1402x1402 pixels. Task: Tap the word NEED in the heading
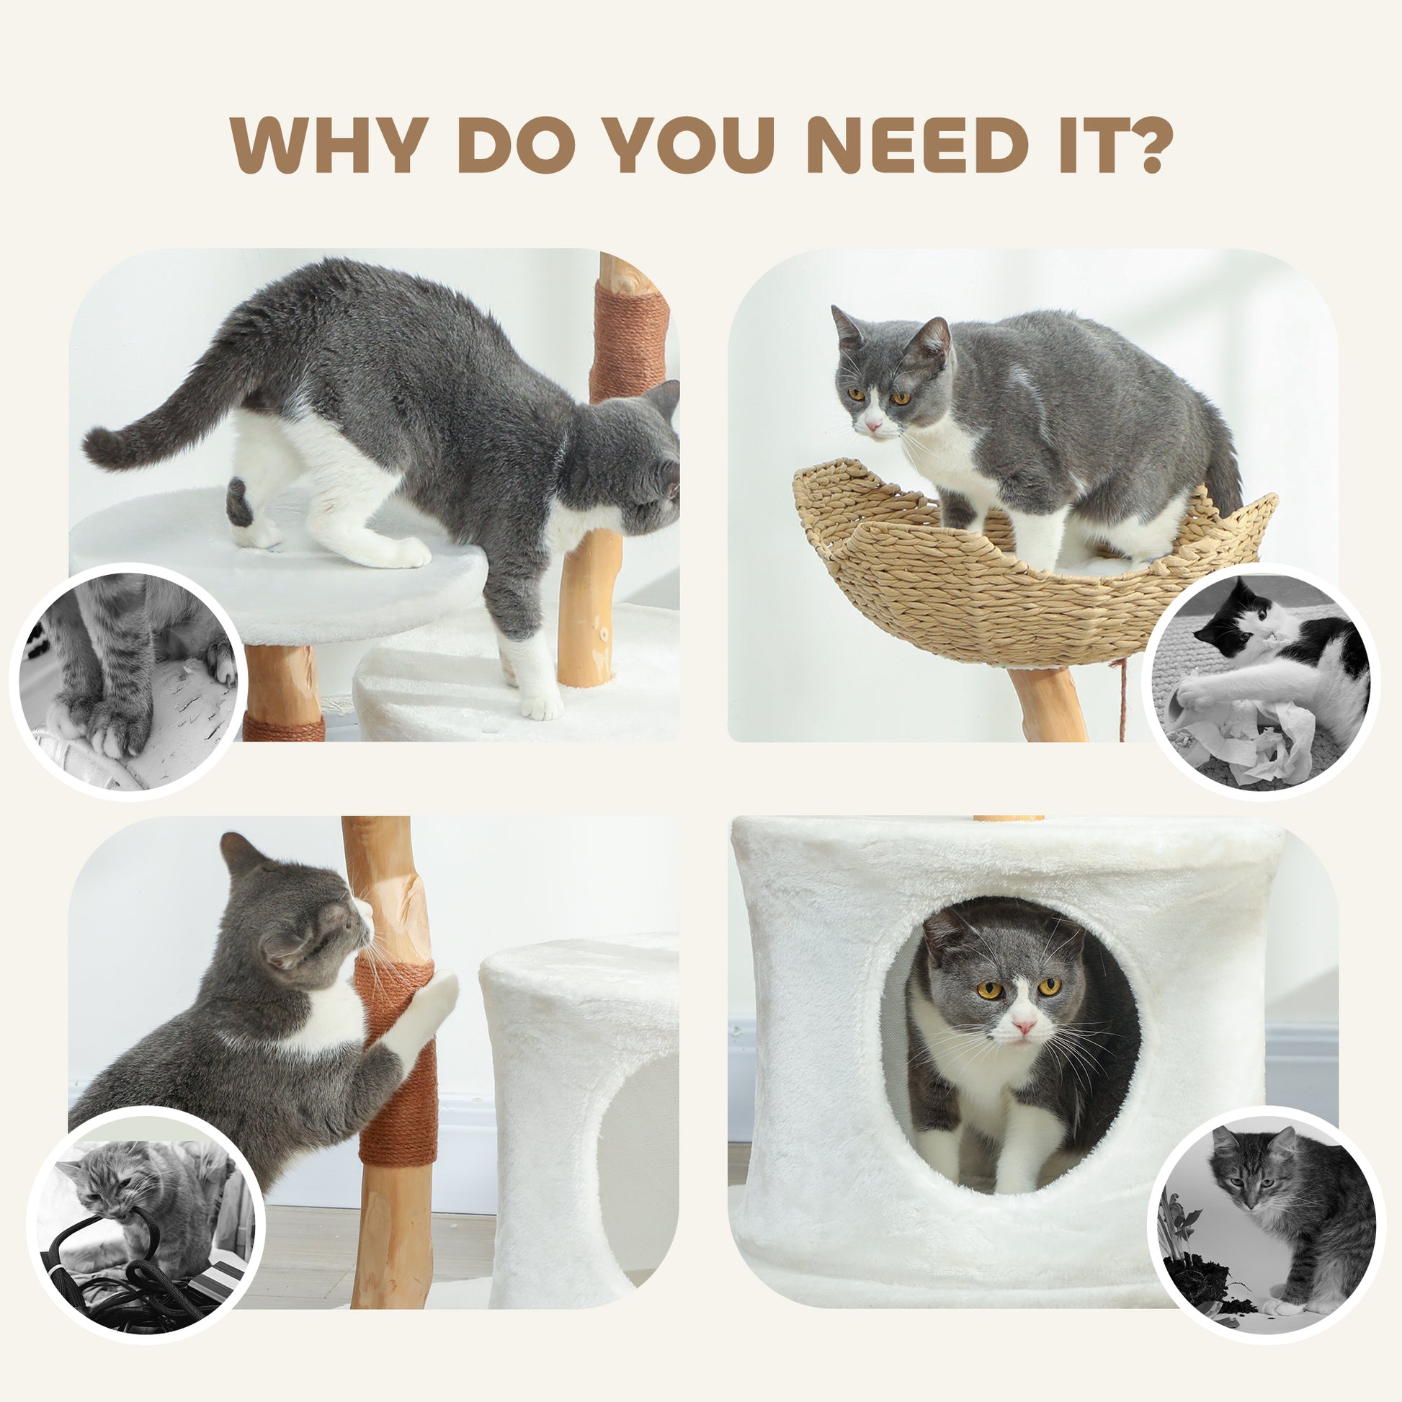917,145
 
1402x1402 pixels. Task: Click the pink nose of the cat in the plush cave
1024,1025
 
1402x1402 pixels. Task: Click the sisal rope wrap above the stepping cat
630,341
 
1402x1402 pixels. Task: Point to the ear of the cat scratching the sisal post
242,854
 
